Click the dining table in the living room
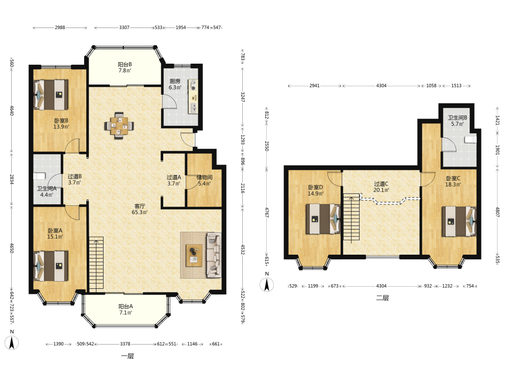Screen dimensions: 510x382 click(x=119, y=125)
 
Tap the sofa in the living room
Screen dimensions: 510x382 click(x=214, y=255)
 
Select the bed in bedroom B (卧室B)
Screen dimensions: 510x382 click(x=51, y=95)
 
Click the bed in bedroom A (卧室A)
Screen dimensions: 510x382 click(x=51, y=266)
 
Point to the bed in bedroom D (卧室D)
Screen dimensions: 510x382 click(x=323, y=219)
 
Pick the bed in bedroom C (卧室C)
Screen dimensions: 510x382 click(x=459, y=222)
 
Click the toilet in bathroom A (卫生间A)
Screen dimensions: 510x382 click(x=39, y=176)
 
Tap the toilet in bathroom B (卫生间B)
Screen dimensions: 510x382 click(x=471, y=140)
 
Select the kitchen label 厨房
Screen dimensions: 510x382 click(x=174, y=81)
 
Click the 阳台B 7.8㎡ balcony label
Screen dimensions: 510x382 click(x=124, y=67)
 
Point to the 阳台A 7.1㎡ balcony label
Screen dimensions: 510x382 click(x=125, y=309)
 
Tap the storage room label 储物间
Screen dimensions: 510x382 click(x=205, y=177)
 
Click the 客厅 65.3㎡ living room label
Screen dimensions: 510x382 click(x=140, y=209)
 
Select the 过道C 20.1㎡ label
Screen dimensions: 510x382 click(x=381, y=187)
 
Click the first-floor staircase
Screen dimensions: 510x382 click(x=96, y=264)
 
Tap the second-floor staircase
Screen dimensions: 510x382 click(x=351, y=217)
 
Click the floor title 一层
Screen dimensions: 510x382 click(x=127, y=356)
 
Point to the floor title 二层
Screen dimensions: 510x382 click(x=382, y=298)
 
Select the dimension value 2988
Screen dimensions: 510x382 click(x=60, y=28)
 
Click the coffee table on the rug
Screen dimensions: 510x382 click(x=194, y=255)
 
